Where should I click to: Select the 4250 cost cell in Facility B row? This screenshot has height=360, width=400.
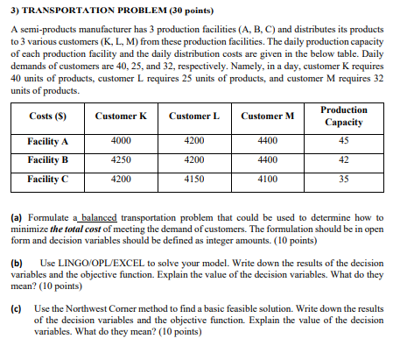point(121,160)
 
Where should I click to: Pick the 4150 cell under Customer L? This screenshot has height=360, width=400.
point(193,179)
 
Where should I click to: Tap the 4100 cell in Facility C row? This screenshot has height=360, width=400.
point(266,179)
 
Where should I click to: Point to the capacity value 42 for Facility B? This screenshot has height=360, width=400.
point(344,160)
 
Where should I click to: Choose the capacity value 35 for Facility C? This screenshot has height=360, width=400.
point(344,179)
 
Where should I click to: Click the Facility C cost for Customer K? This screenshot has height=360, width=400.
point(121,179)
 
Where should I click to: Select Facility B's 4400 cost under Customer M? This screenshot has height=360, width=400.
point(266,160)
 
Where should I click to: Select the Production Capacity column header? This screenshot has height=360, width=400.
point(344,116)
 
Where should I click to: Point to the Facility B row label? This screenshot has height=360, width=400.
point(47,160)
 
